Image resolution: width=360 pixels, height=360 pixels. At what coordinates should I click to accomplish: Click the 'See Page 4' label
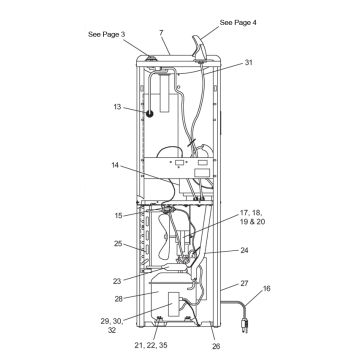point(238,22)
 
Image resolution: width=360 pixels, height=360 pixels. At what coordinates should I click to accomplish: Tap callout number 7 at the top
point(162,33)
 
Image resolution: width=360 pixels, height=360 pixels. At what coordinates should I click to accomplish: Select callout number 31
point(249,62)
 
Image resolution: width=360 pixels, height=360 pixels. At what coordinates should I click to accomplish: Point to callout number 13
point(117,107)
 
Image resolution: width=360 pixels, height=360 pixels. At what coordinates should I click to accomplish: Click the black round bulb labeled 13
point(149,114)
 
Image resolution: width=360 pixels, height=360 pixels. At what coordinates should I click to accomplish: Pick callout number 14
point(116,165)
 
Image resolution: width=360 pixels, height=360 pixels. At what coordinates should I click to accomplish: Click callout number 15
point(119,216)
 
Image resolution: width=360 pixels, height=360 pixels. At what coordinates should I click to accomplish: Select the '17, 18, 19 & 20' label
point(252,217)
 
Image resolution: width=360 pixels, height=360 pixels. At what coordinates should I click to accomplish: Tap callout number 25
point(118,244)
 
